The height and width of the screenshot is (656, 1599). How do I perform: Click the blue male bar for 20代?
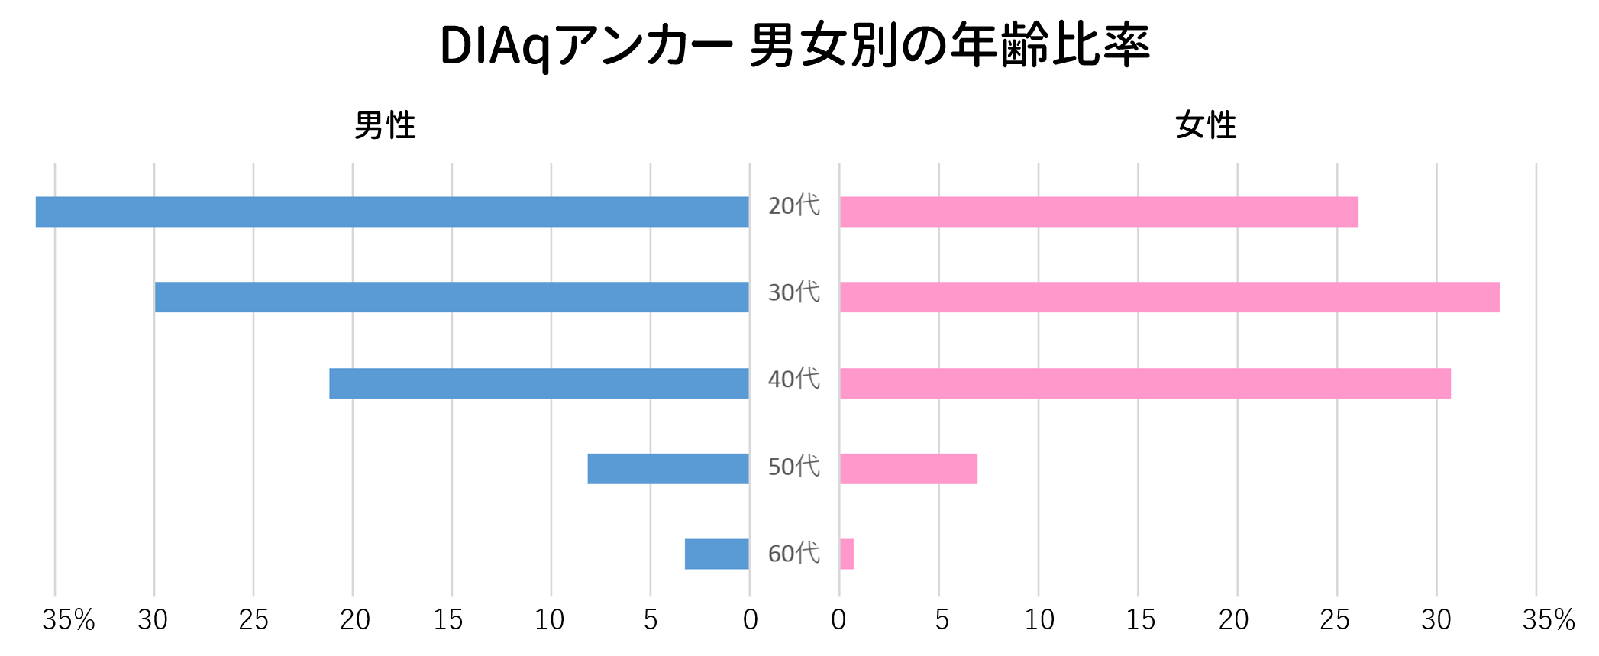tap(392, 212)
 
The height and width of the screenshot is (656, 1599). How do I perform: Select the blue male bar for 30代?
tap(451, 297)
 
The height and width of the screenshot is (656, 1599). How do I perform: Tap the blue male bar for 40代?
tap(538, 383)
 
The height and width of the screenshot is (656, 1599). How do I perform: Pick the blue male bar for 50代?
tap(667, 469)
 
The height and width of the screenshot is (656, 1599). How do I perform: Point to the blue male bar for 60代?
tap(716, 554)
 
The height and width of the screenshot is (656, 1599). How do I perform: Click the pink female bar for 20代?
tap(1099, 212)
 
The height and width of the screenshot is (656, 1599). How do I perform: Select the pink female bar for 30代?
tap(1169, 297)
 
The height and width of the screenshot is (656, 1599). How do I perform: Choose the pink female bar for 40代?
tap(1145, 383)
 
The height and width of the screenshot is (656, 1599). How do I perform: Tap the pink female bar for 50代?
tap(908, 469)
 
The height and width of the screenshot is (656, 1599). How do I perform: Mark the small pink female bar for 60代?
tap(846, 554)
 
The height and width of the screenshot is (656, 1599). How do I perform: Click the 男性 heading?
tap(385, 125)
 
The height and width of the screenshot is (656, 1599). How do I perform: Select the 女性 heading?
tap(1205, 125)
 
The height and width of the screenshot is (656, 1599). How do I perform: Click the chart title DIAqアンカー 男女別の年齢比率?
tap(794, 46)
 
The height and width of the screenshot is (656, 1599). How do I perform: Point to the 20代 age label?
tap(793, 205)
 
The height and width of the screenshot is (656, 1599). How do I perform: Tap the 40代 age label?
tap(793, 379)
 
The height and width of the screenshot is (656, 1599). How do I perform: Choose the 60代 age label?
tap(793, 553)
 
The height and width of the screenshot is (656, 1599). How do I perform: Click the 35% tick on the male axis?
tap(68, 619)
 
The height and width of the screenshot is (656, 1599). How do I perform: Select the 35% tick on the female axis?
tap(1548, 619)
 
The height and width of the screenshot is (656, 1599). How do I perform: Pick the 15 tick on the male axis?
tap(448, 619)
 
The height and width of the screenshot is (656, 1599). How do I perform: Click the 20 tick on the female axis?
tap(1233, 619)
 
